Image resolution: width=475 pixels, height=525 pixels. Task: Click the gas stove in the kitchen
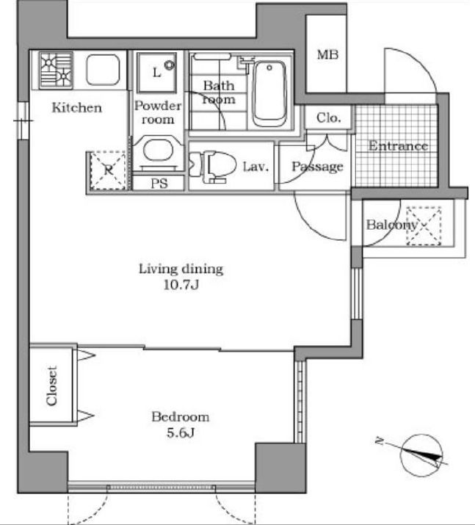pyautogui.click(x=56, y=70)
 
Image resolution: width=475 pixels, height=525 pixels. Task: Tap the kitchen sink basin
pyautogui.click(x=103, y=70)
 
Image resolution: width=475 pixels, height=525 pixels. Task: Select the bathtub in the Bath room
pyautogui.click(x=269, y=94)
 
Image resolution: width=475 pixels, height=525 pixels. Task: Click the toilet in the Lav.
pyautogui.click(x=212, y=166)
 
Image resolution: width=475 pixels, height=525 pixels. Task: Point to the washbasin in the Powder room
pyautogui.click(x=158, y=151)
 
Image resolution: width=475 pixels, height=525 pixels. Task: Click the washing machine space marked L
pyautogui.click(x=156, y=72)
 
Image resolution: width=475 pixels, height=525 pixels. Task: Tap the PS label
pyautogui.click(x=159, y=184)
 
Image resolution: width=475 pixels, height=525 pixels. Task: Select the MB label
pyautogui.click(x=327, y=54)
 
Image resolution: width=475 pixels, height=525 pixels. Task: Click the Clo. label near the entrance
pyautogui.click(x=328, y=118)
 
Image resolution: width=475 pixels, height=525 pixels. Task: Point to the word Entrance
pyautogui.click(x=398, y=146)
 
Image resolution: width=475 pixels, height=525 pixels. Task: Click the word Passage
pyautogui.click(x=317, y=167)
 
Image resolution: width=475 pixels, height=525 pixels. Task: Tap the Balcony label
pyautogui.click(x=392, y=225)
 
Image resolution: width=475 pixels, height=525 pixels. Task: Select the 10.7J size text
pyautogui.click(x=181, y=285)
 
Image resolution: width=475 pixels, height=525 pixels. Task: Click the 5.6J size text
pyautogui.click(x=181, y=433)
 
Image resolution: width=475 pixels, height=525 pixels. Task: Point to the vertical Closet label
pyautogui.click(x=51, y=386)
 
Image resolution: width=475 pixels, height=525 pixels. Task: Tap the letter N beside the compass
pyautogui.click(x=380, y=441)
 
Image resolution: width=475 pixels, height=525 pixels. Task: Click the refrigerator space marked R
pyautogui.click(x=108, y=171)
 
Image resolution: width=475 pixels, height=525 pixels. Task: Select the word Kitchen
pyautogui.click(x=76, y=108)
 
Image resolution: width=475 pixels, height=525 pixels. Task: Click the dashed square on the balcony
pyautogui.click(x=424, y=226)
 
